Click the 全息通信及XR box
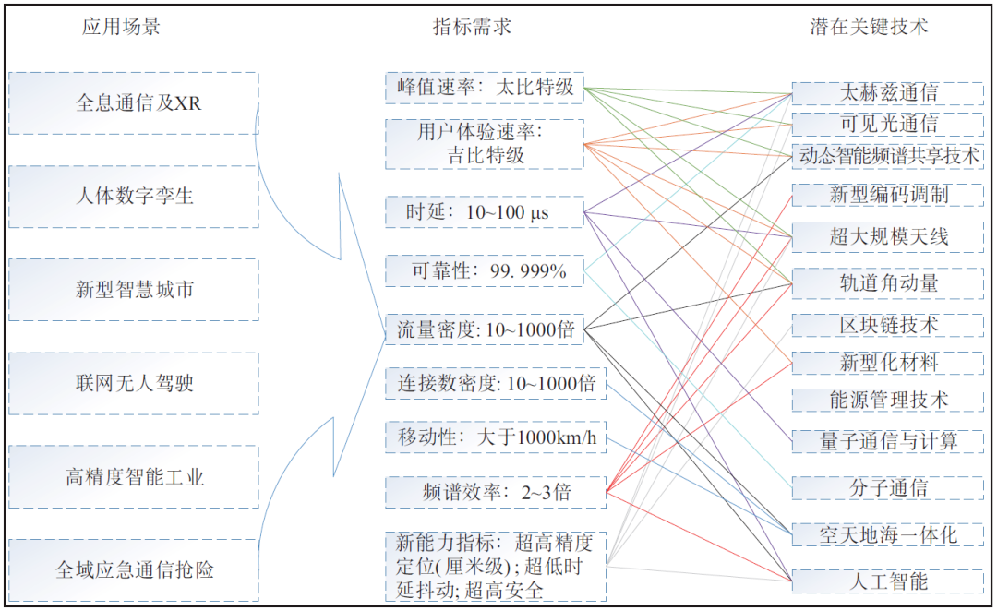(x=134, y=103)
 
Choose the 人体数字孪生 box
(x=134, y=197)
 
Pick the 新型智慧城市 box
(x=134, y=290)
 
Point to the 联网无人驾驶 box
(x=134, y=383)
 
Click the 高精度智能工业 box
(x=134, y=477)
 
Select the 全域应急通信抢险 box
(x=134, y=570)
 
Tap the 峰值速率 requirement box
(x=485, y=88)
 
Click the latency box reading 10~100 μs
(x=485, y=212)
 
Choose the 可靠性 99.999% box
(x=485, y=271)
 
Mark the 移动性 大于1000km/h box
(x=497, y=437)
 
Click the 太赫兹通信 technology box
(x=887, y=92)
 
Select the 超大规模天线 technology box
(x=887, y=237)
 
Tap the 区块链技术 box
(x=887, y=325)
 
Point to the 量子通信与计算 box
(x=887, y=441)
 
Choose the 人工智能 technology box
(x=887, y=581)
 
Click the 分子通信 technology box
(x=887, y=487)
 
